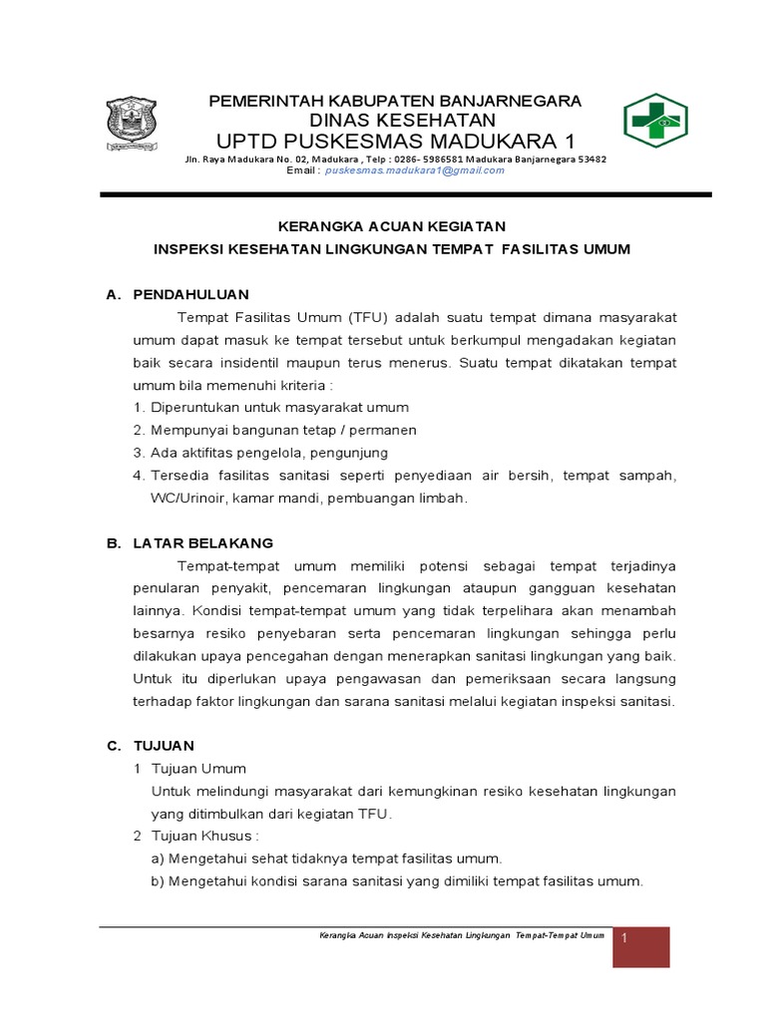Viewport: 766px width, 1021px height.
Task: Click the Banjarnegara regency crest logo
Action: tap(131, 125)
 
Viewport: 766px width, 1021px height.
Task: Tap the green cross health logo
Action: tap(655, 122)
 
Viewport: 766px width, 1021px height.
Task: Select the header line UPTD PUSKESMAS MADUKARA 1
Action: tap(395, 139)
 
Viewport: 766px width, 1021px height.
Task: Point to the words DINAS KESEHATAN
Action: tap(395, 120)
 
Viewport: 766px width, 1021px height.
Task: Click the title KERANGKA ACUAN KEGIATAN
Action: tap(392, 226)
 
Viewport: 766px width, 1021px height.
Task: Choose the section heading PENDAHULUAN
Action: tap(191, 294)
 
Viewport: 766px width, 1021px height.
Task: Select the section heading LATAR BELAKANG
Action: tap(202, 542)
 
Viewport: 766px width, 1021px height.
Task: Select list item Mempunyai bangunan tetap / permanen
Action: tap(283, 430)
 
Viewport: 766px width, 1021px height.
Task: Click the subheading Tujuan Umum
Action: tap(197, 769)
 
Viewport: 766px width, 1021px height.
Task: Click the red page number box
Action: tap(640, 946)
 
